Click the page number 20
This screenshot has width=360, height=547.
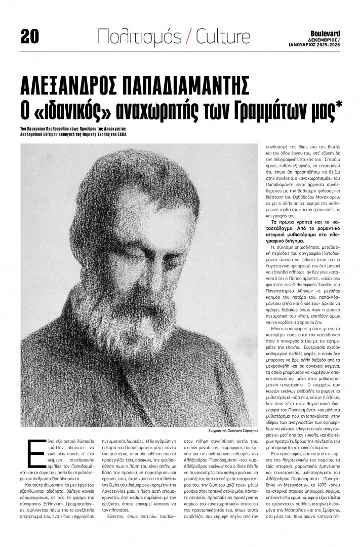pos(29,35)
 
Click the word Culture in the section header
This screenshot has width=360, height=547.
pos(223,35)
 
